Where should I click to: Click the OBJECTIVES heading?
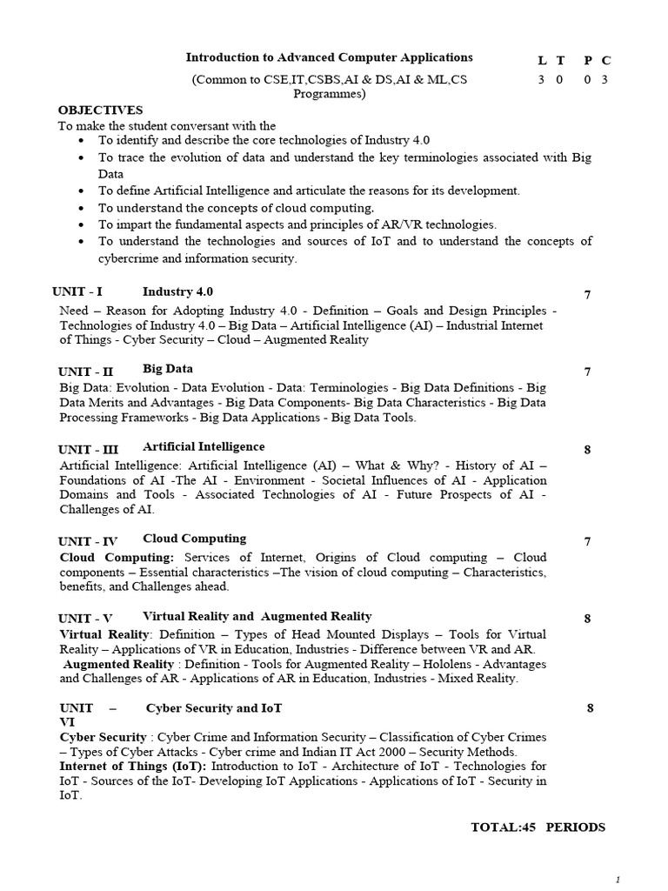(100, 111)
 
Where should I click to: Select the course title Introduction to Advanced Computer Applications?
(329, 57)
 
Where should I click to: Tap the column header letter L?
(542, 60)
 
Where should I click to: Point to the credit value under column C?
(605, 80)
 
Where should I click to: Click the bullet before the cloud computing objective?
(82, 208)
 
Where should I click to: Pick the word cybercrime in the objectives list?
(130, 258)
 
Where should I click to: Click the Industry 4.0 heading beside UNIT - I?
(177, 292)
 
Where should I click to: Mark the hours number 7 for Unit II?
(588, 372)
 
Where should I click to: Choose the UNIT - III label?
(88, 450)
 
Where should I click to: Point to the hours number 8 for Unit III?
(588, 450)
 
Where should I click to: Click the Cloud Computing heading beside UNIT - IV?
(194, 539)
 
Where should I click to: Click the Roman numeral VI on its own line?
(67, 722)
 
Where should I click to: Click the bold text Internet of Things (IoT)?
(133, 767)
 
